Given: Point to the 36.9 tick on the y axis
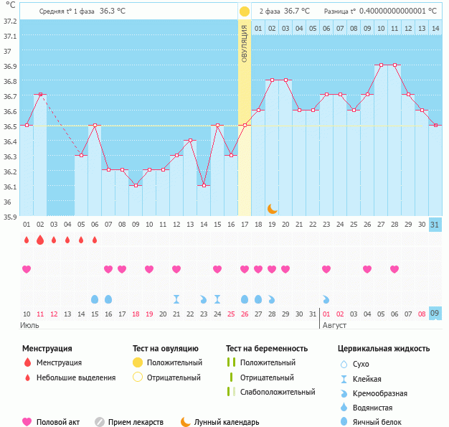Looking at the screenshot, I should pyautogui.click(x=9, y=65).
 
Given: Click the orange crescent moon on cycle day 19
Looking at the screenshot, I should pyautogui.click(x=273, y=209).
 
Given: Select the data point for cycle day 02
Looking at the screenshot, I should pyautogui.click(x=40, y=95).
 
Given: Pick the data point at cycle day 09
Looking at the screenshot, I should pyautogui.click(x=136, y=185).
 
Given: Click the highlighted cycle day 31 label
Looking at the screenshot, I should pyautogui.click(x=435, y=224).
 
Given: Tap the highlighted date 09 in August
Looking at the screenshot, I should pyautogui.click(x=435, y=314).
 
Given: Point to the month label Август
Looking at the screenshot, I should pyautogui.click(x=334, y=325).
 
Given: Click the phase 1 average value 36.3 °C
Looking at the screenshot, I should pyautogui.click(x=117, y=11).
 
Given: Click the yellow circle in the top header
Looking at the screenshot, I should pyautogui.click(x=245, y=11).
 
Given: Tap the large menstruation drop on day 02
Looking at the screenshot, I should pyautogui.click(x=40, y=240).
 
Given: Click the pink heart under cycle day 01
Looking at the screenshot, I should pyautogui.click(x=27, y=269).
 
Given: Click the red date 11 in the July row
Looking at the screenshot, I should pyautogui.click(x=40, y=314).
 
